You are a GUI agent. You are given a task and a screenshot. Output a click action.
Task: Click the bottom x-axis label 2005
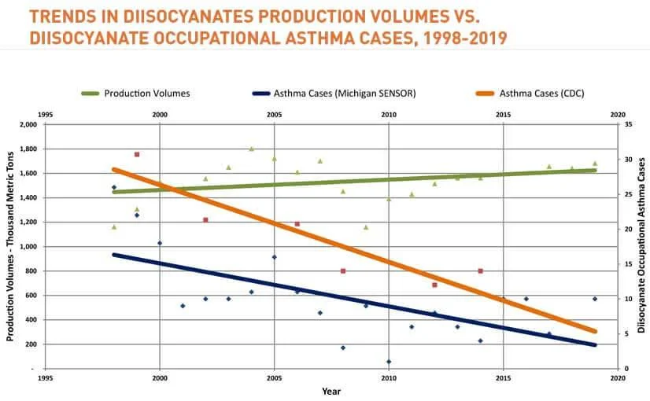274,378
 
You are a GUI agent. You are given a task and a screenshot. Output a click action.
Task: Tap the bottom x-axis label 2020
618,378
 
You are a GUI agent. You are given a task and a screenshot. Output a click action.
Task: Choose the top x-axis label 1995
45,115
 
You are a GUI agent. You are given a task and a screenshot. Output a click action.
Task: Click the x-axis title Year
331,391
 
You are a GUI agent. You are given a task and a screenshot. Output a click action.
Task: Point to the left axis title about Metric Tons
10,247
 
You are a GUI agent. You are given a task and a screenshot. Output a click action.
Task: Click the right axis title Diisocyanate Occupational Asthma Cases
641,247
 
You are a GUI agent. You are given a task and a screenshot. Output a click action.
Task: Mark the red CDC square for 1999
137,154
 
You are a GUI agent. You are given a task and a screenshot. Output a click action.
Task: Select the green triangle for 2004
251,149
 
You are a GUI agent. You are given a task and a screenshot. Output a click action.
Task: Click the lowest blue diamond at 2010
389,362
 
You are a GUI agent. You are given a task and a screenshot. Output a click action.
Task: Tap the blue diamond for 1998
114,187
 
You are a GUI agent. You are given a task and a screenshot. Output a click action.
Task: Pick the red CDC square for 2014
480,270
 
